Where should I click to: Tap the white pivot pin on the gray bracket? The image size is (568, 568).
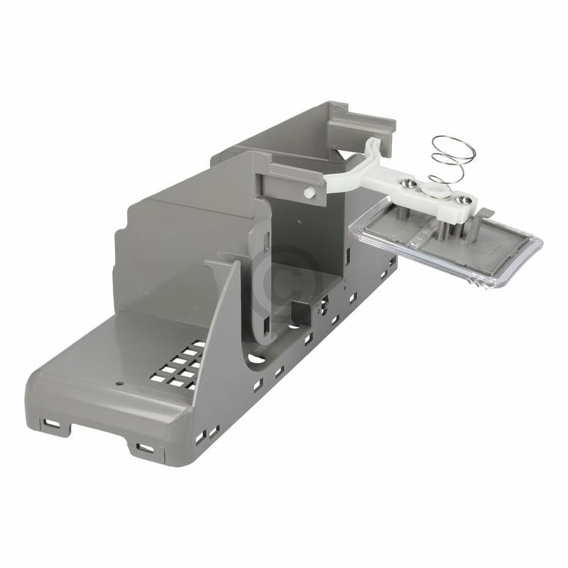coord(307,192)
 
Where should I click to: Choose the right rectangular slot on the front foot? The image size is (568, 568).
coord(144,448)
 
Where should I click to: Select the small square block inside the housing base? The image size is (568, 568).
coord(302,309)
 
